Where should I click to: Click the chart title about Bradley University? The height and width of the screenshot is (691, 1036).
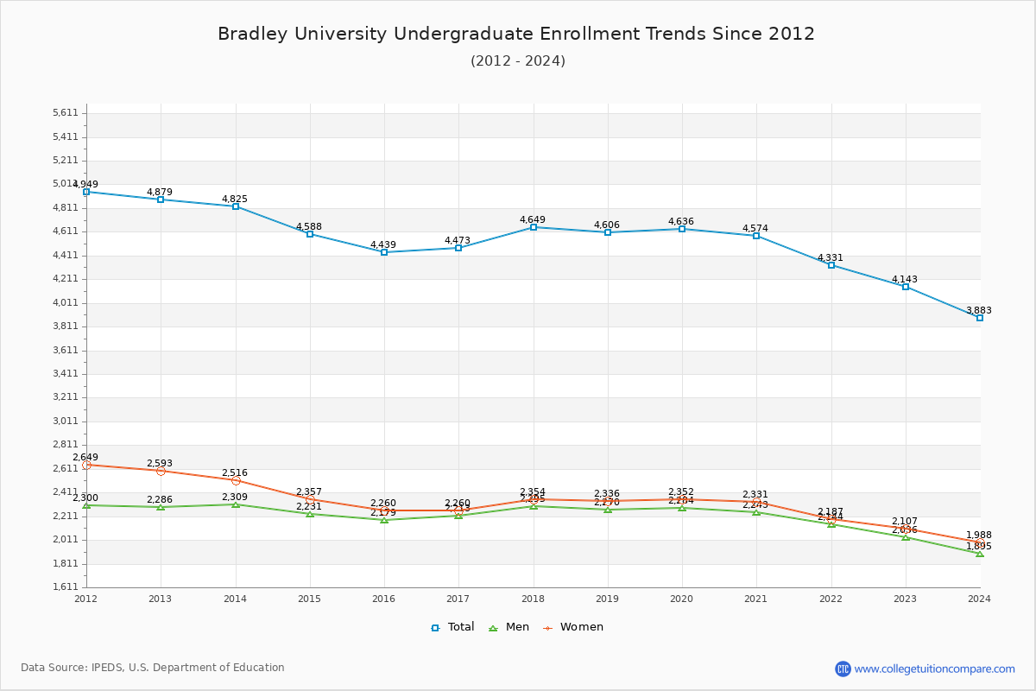(x=516, y=34)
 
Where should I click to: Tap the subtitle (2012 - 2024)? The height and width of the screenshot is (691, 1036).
(x=518, y=61)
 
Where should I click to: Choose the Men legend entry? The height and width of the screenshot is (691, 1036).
(x=509, y=627)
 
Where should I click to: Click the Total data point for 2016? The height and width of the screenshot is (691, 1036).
(x=383, y=252)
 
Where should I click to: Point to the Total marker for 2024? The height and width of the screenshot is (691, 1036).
(x=980, y=318)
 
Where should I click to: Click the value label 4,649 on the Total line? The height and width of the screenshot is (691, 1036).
(x=533, y=219)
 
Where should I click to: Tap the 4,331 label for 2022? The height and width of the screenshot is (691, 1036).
(x=831, y=257)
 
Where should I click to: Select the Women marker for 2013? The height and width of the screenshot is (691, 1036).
(x=161, y=471)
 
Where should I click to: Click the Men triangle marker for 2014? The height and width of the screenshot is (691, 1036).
(x=236, y=504)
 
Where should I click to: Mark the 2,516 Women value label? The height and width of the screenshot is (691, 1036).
(x=235, y=472)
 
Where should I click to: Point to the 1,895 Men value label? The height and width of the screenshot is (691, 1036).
(x=979, y=546)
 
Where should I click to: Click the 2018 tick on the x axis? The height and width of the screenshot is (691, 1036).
(x=534, y=598)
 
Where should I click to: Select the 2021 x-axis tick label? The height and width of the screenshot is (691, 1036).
(x=756, y=598)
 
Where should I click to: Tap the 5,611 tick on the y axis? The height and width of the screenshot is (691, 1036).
(x=66, y=113)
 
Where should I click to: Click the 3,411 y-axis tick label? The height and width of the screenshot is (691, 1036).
(x=66, y=374)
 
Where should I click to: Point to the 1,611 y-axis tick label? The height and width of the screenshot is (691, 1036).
(x=66, y=587)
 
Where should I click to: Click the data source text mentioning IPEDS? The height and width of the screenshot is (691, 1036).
(x=153, y=668)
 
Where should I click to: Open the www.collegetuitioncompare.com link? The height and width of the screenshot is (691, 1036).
(x=934, y=669)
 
